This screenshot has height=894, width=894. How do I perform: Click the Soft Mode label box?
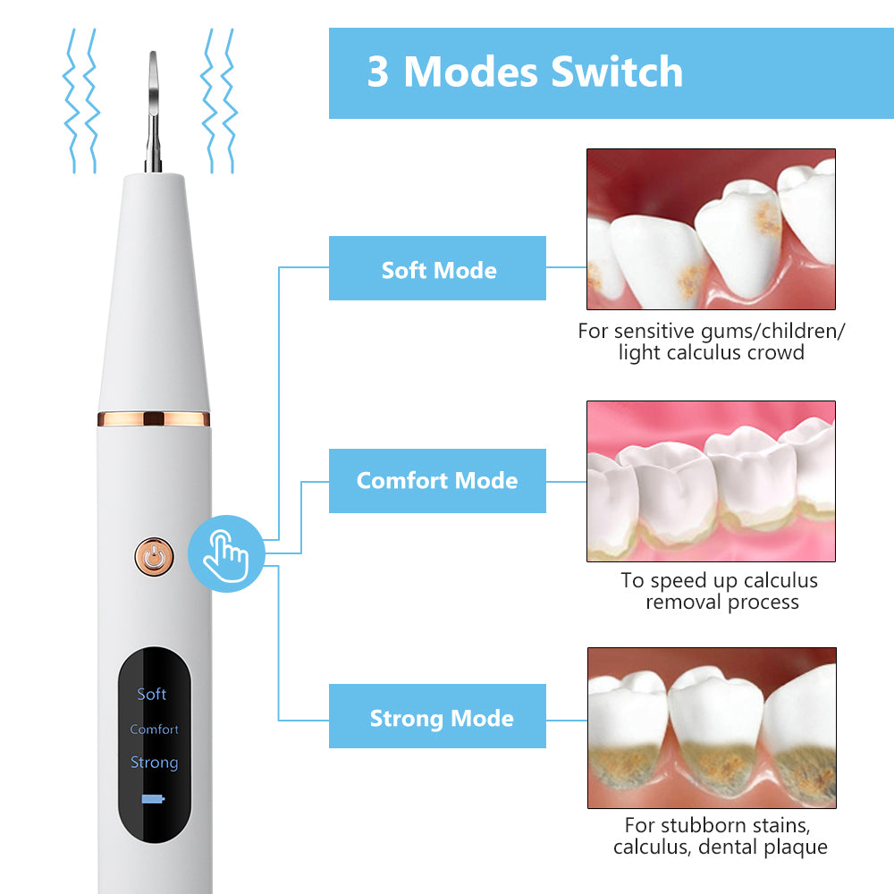[x=437, y=268]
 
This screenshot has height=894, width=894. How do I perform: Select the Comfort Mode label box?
[x=437, y=481]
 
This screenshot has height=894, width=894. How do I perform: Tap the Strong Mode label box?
[x=437, y=717]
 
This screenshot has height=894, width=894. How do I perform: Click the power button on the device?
[x=154, y=557]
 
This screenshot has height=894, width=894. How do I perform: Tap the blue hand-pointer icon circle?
[x=226, y=554]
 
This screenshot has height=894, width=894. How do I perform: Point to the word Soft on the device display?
[x=152, y=694]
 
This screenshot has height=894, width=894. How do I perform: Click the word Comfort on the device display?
[x=154, y=730]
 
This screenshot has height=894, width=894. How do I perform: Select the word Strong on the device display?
[x=154, y=763]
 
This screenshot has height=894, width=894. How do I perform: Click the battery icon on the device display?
[x=153, y=799]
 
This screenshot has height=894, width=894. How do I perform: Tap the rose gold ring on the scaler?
[x=153, y=418]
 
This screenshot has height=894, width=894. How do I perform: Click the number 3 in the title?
[x=378, y=72]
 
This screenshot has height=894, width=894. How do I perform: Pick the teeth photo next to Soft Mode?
[x=711, y=229]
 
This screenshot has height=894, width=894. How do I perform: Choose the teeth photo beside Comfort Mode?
[x=711, y=481]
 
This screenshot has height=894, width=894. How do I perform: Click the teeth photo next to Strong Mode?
[x=711, y=728]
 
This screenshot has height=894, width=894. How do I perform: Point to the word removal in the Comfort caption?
[x=682, y=602]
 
